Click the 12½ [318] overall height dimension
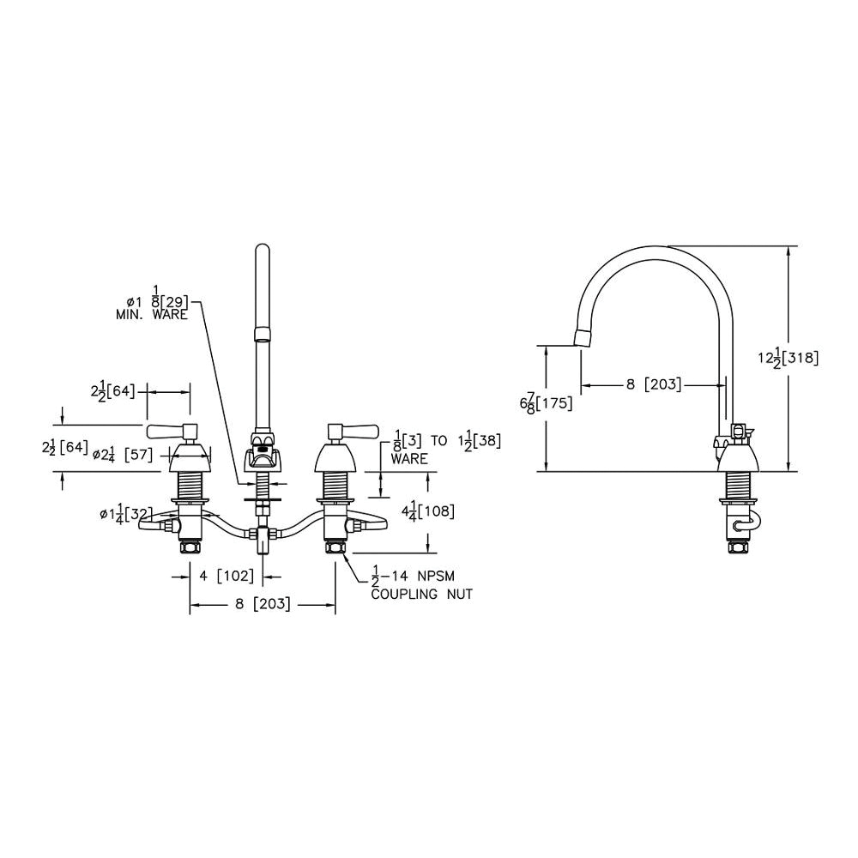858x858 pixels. [789, 359]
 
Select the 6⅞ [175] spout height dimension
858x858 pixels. [546, 404]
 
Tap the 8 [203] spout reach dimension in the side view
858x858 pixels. [655, 384]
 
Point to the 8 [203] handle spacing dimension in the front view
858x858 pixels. [262, 603]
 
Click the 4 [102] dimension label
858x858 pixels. [227, 576]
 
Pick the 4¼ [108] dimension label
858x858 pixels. [428, 511]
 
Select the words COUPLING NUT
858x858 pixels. [422, 594]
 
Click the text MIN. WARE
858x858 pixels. [152, 315]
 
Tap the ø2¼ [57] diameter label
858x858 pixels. [122, 454]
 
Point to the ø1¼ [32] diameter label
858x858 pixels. [126, 514]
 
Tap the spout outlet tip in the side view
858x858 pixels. [583, 338]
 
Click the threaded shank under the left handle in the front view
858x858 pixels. [190, 485]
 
